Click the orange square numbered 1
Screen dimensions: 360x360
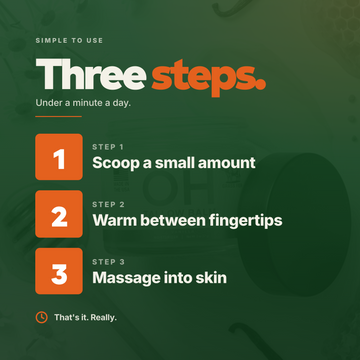(x=59, y=157)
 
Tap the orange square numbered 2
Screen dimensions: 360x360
(x=59, y=214)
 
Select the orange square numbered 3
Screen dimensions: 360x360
(x=59, y=271)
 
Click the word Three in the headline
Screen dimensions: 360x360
(x=91, y=73)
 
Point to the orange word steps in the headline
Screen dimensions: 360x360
(x=204, y=78)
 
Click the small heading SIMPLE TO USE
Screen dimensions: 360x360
(x=69, y=41)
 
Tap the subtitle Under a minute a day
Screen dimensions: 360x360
(x=83, y=103)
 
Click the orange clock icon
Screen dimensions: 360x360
(x=41, y=317)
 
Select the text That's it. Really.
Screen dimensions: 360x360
(x=85, y=318)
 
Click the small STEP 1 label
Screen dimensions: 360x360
(x=109, y=147)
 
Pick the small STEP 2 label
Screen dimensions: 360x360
(x=109, y=204)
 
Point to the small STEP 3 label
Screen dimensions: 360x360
(x=109, y=262)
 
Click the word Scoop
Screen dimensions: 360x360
(x=116, y=164)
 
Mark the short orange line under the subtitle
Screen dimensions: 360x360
(x=59, y=117)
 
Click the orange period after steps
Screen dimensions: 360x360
(x=261, y=85)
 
